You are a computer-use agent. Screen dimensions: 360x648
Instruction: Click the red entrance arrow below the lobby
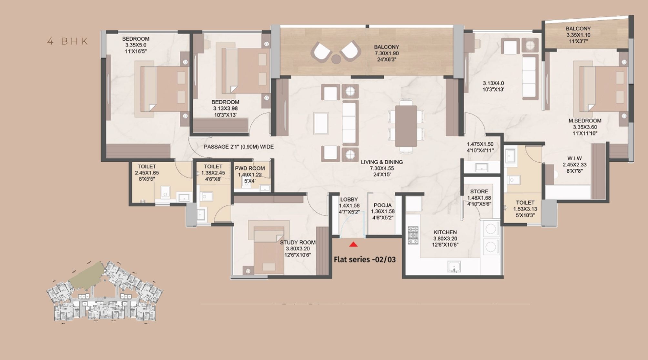(353, 245)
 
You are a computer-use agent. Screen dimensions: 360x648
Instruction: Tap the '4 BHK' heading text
(68, 41)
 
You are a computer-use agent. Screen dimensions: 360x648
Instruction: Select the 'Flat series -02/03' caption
(365, 260)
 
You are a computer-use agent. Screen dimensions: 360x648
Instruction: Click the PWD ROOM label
(250, 168)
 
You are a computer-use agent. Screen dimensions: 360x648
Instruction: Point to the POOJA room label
(382, 205)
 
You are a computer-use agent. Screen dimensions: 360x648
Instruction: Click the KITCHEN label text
(445, 232)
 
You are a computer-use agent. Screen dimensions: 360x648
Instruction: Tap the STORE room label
(479, 192)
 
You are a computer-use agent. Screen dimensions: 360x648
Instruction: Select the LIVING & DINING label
(382, 162)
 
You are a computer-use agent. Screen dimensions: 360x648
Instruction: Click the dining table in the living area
(406, 126)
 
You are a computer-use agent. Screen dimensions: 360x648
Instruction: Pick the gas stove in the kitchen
(413, 235)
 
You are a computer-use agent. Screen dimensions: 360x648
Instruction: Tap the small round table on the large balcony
(336, 59)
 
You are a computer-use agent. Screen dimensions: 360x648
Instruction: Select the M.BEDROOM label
(585, 121)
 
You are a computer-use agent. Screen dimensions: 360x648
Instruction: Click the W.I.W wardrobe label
(574, 158)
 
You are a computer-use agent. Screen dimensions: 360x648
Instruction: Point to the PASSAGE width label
(238, 147)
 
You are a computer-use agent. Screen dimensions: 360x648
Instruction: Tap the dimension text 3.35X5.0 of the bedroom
(136, 45)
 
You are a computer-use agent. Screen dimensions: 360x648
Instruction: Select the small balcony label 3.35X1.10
(578, 35)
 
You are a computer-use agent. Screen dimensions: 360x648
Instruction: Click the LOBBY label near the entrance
(349, 199)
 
